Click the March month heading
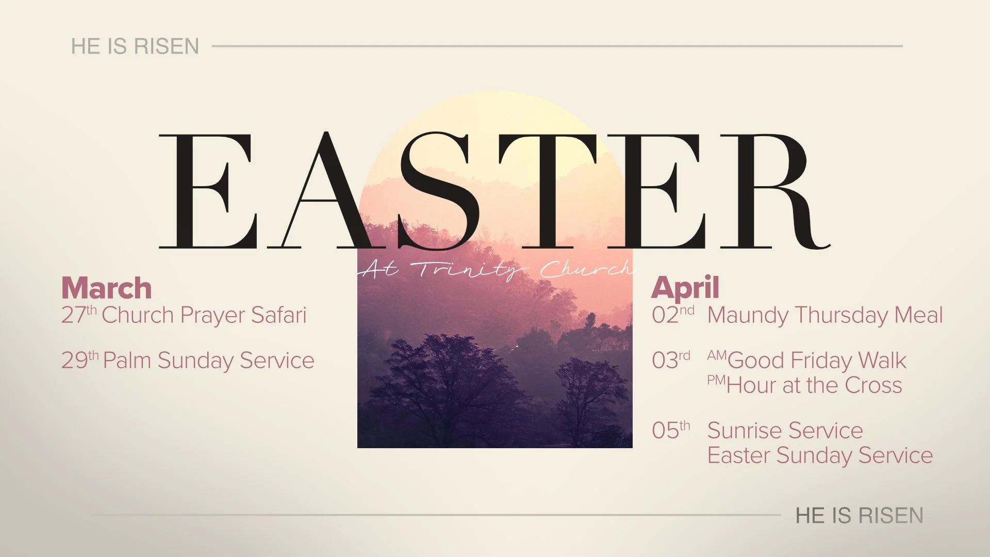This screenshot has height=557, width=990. pos(106,288)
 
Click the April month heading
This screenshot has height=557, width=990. pos(685,288)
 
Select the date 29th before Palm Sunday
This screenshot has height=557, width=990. pos(79,360)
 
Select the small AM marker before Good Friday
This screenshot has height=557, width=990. pos(716,355)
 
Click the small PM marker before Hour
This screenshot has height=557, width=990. pos(716,381)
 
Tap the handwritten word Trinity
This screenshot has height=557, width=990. pos(470,269)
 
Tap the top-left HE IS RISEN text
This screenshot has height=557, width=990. pos(135,46)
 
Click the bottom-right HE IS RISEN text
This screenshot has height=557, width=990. pos(859,515)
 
